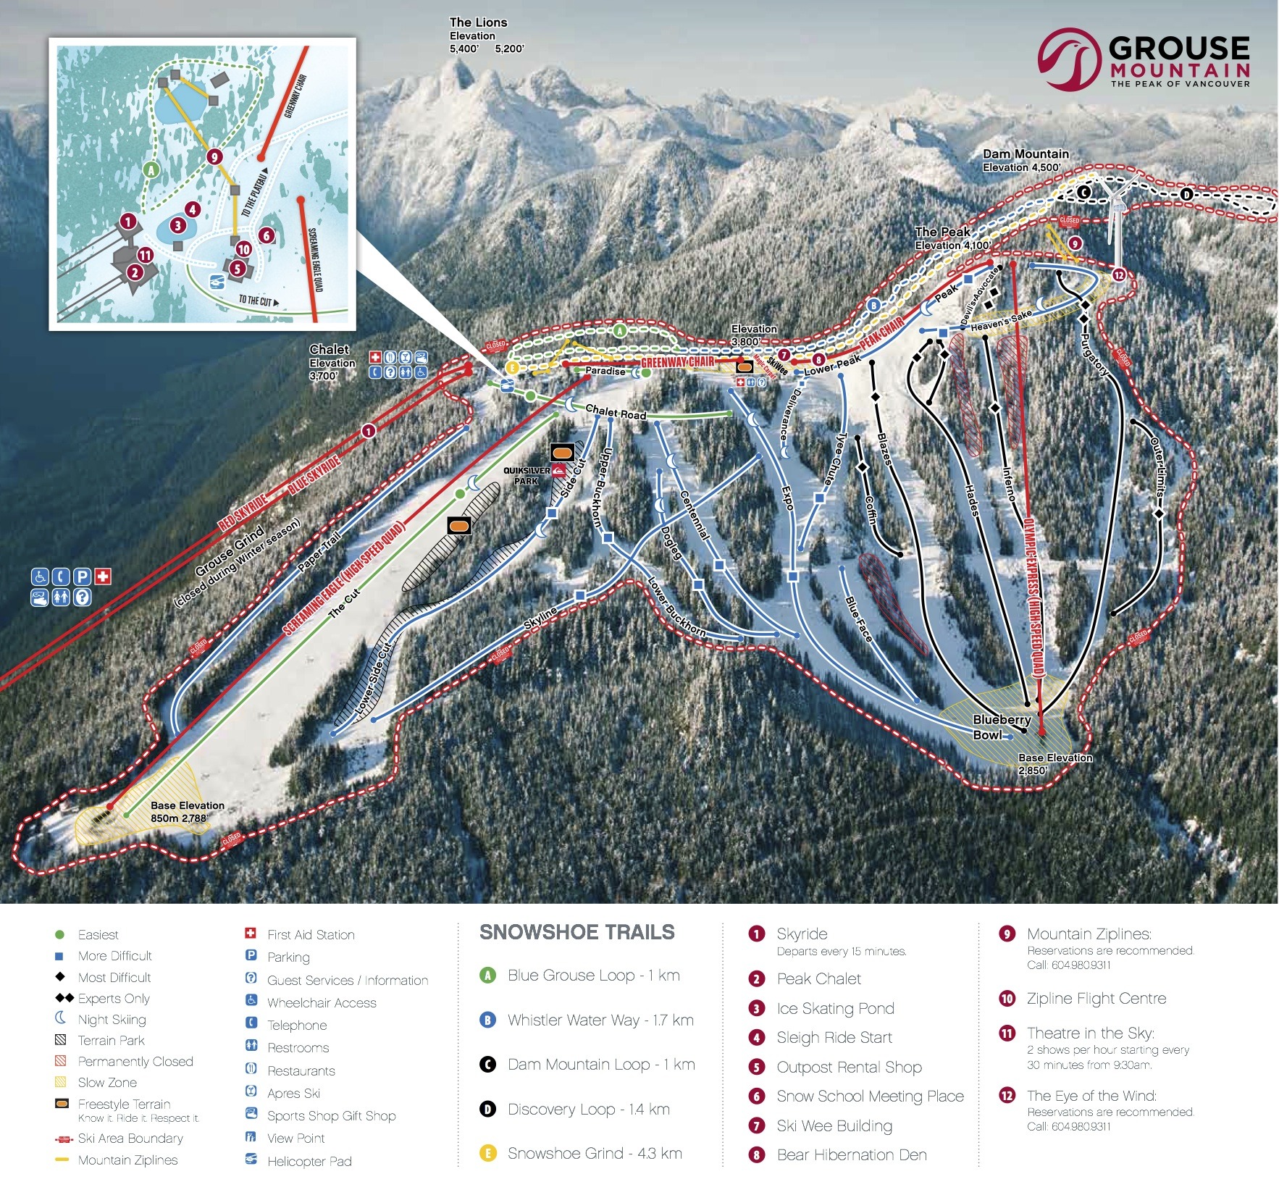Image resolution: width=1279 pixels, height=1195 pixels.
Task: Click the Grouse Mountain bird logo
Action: coord(1070,59)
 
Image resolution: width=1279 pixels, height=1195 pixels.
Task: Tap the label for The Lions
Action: coord(478,22)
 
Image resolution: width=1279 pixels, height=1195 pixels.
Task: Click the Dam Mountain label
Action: coord(1025,154)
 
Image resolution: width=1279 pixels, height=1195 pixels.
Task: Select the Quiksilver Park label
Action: coord(527,476)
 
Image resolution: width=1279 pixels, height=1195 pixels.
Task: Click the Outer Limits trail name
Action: coord(1157,468)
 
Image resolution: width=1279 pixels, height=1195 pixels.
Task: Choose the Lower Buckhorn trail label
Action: coord(676,607)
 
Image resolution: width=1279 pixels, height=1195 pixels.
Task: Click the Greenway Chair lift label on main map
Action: coord(677,361)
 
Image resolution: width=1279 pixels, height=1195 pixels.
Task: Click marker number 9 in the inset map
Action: coord(213,156)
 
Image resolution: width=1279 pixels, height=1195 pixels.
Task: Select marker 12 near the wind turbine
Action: coord(1119,274)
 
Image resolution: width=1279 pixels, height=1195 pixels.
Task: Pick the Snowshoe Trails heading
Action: coord(576,932)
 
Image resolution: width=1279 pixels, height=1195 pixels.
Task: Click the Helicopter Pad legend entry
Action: coord(309,1161)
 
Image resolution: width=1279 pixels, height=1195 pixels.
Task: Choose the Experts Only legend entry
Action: coord(113,998)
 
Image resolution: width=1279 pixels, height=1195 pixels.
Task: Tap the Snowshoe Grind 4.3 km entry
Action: coord(594,1153)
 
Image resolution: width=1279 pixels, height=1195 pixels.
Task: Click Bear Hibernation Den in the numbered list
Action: coord(851,1154)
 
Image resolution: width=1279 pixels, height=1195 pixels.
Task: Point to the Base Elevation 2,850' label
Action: coord(1054,763)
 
